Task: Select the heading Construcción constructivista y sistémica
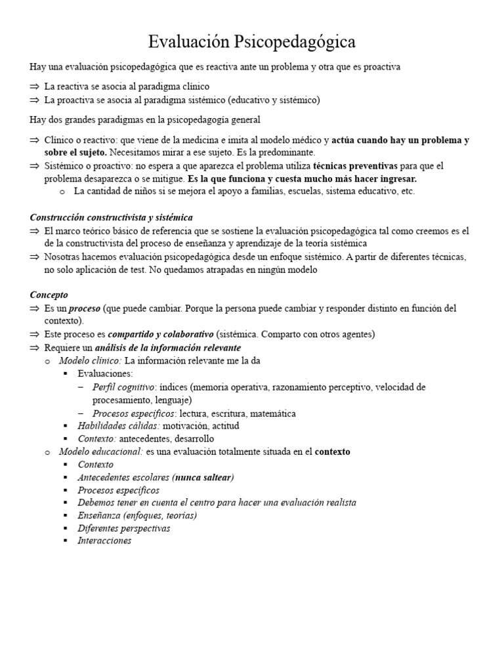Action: pyautogui.click(x=112, y=217)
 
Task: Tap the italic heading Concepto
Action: pyautogui.click(x=49, y=295)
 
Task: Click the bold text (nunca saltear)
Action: pyautogui.click(x=203, y=477)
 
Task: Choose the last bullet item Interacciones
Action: pyautogui.click(x=104, y=541)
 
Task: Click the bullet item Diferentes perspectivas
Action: pyautogui.click(x=123, y=528)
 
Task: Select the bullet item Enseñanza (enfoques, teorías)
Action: pyautogui.click(x=137, y=515)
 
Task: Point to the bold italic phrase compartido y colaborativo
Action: pyautogui.click(x=161, y=334)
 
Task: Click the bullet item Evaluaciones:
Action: pyautogui.click(x=105, y=373)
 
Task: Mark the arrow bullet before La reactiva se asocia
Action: pyautogui.click(x=35, y=87)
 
